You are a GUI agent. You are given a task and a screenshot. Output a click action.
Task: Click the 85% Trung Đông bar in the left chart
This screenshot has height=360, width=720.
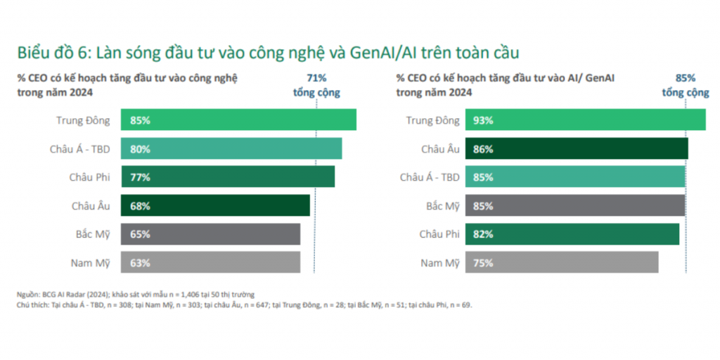[x=238, y=120]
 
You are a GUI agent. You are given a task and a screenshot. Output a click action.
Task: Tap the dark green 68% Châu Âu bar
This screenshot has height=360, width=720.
[x=215, y=206]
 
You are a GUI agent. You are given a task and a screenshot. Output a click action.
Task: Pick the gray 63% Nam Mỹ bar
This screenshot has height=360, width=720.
[x=210, y=263]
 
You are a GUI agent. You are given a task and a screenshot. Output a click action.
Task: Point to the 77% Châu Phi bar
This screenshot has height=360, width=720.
[x=228, y=177]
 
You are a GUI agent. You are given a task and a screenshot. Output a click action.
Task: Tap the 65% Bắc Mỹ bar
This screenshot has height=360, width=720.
[x=210, y=234]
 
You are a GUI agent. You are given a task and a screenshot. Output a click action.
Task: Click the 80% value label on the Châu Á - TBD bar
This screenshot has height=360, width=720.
[x=140, y=149]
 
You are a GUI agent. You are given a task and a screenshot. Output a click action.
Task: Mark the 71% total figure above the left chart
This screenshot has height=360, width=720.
[x=316, y=78]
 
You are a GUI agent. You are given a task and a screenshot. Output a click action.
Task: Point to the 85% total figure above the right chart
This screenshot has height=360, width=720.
[x=685, y=78]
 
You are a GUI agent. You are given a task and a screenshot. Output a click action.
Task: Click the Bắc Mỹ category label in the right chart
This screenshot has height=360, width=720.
[x=443, y=206]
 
